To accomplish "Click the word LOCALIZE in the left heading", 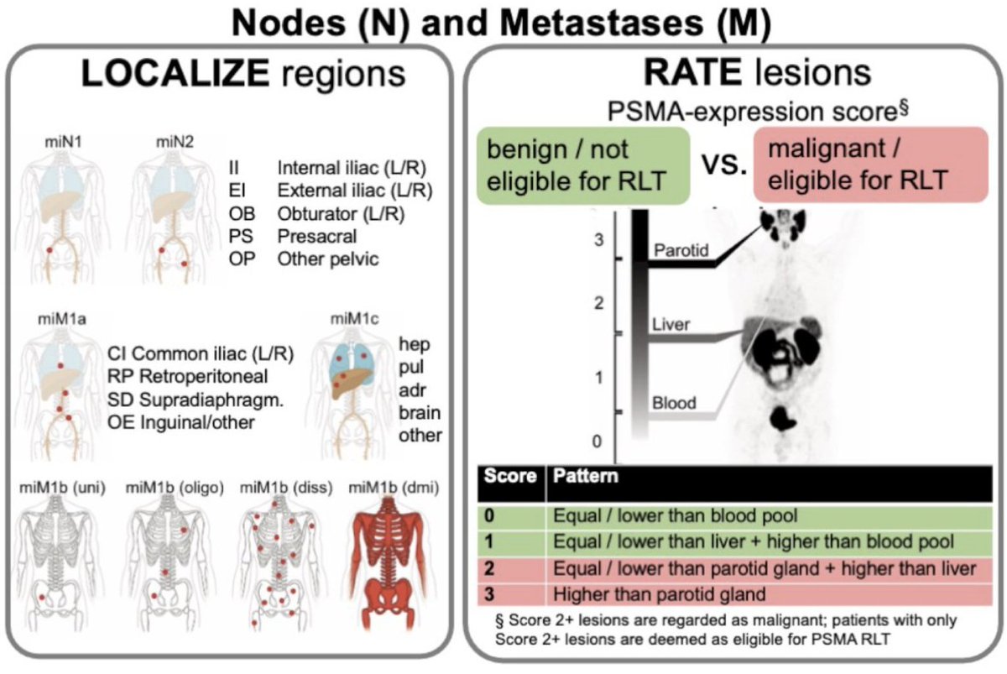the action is (175, 73).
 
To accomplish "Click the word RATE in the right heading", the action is (693, 72).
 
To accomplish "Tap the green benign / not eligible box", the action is (583, 165).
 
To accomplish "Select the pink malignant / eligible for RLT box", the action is (870, 165).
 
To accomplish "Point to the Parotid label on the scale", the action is (681, 250).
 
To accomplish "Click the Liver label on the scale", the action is (670, 324).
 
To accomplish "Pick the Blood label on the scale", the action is (674, 403).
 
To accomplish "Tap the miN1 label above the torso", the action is (64, 142).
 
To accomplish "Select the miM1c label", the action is (354, 319).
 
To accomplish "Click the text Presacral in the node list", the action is (317, 236).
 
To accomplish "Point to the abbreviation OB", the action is (242, 213).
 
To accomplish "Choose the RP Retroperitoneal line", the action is (187, 376).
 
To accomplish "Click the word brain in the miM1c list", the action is (420, 413).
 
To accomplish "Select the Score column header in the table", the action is (511, 476).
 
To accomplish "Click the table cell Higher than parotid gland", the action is (659, 594).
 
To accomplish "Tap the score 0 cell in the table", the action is (512, 516).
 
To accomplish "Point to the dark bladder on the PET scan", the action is (783, 418).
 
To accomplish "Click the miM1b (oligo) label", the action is (175, 488).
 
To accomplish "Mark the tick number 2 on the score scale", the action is (598, 304).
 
